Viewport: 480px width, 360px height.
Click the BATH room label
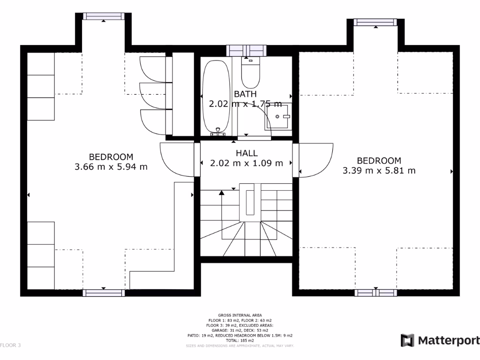click(245, 94)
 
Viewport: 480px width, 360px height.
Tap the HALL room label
click(246, 153)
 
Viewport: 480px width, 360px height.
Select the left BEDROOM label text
click(111, 157)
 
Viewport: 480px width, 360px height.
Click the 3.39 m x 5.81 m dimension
click(379, 171)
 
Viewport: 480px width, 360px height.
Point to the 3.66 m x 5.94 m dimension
click(111, 166)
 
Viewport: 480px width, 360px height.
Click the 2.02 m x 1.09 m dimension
click(246, 163)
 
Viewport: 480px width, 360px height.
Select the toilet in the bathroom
click(250, 73)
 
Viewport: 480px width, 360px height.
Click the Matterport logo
click(440, 340)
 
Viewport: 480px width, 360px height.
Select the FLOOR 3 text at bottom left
click(10, 345)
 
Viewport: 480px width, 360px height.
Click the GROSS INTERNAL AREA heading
click(240, 315)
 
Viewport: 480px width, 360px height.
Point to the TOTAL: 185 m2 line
click(240, 340)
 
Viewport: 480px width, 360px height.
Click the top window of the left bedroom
click(104, 16)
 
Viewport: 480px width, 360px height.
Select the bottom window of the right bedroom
click(376, 293)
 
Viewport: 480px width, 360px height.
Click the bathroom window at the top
click(246, 50)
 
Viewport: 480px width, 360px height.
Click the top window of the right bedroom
click(375, 22)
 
